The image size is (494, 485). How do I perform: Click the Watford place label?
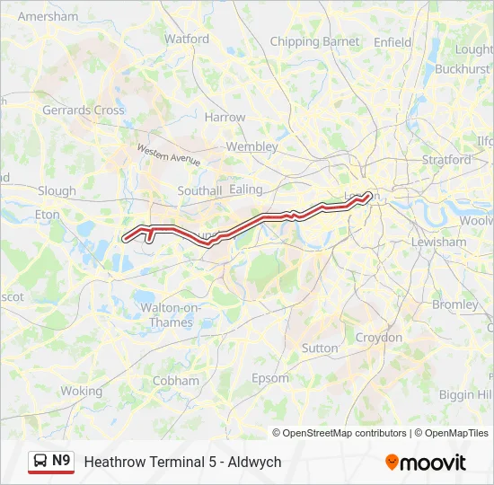(187, 40)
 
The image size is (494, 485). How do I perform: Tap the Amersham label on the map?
(48, 17)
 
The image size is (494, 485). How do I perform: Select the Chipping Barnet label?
(314, 42)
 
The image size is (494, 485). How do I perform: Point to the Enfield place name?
(393, 42)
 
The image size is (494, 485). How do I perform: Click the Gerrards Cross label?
(84, 110)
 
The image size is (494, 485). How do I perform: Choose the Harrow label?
(225, 118)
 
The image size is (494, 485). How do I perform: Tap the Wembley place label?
(251, 146)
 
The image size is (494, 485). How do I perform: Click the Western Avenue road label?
(168, 154)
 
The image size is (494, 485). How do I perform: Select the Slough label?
(57, 191)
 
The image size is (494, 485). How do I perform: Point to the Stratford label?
(446, 161)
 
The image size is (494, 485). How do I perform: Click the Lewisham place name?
(438, 242)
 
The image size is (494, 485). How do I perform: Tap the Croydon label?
(379, 338)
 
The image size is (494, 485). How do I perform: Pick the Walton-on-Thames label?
(166, 315)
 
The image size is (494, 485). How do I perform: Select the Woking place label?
(82, 392)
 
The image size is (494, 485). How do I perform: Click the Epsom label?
(269, 378)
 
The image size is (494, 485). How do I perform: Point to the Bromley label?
(455, 304)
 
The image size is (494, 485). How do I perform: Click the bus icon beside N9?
(40, 462)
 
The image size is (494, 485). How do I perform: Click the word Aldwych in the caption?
(255, 462)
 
